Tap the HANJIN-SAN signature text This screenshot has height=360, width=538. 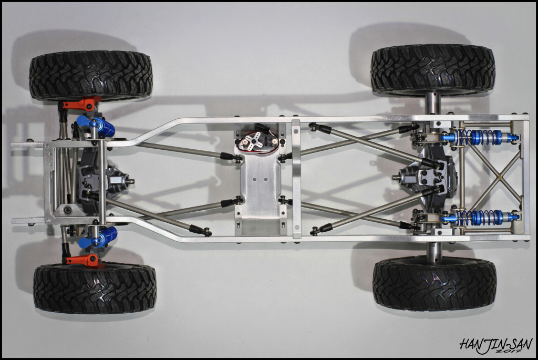tap(496, 344)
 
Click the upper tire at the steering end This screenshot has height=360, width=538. tap(91, 76)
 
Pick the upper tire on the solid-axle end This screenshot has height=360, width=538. tap(433, 70)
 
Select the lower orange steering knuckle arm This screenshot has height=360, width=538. tap(84, 260)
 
